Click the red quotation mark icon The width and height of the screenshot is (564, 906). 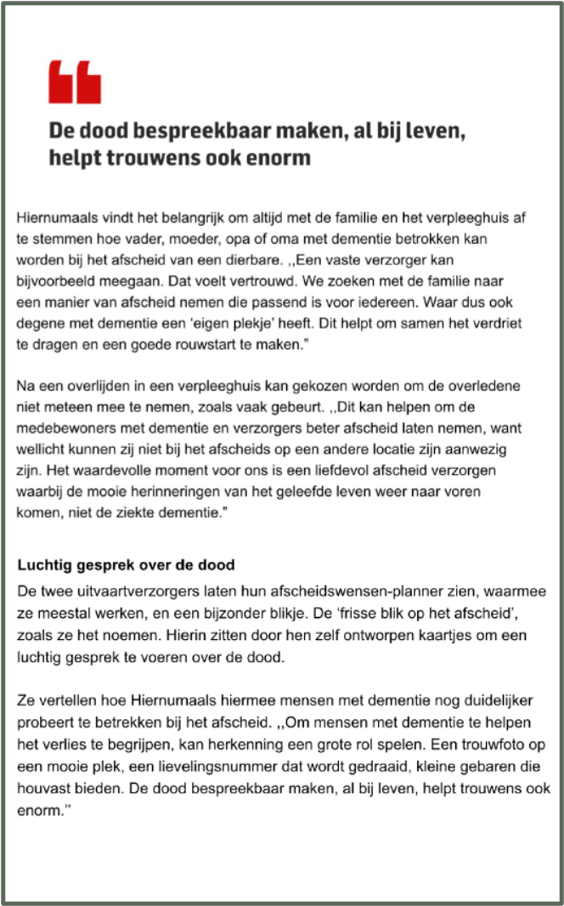[x=75, y=82]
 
